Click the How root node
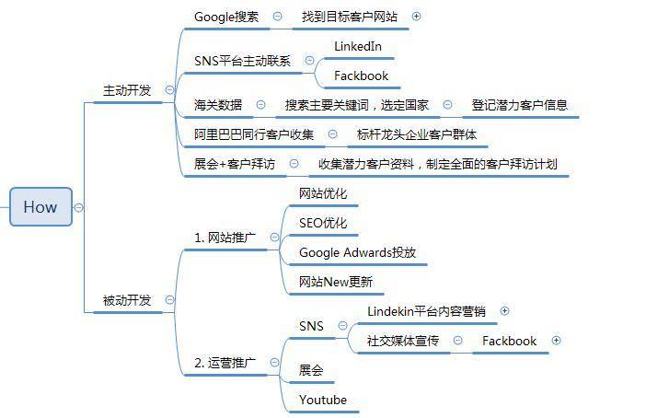coord(40,207)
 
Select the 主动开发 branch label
coord(127,90)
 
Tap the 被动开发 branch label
coord(127,300)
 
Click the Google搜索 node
coord(226,17)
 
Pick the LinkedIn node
coord(358,46)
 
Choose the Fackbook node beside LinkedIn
coord(361,75)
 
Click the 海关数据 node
coord(218,105)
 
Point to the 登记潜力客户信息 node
coord(519,105)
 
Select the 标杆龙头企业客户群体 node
coord(417,134)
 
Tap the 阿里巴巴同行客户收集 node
coord(253,134)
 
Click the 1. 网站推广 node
coord(225,238)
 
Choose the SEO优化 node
coord(323,223)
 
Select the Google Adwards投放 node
coord(357,252)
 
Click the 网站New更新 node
coord(336,282)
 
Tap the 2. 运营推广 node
coord(225,364)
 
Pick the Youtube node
coord(323,400)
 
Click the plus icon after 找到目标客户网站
coord(416,17)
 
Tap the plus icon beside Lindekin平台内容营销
coord(504,311)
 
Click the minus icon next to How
coord(79,207)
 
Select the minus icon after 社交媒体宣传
coord(457,341)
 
